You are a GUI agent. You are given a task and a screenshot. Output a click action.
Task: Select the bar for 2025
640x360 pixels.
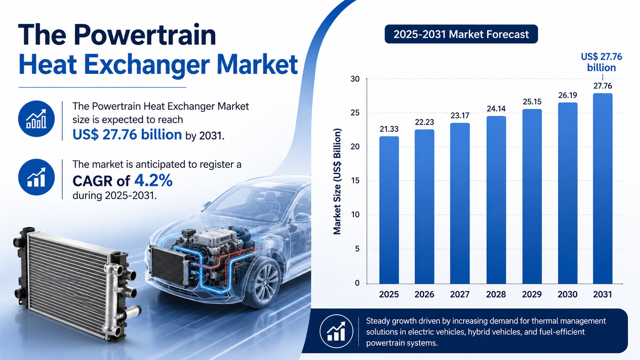click(x=389, y=210)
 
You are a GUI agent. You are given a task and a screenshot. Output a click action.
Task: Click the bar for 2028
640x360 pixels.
click(x=496, y=200)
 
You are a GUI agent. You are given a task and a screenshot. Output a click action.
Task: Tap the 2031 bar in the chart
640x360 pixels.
click(x=602, y=188)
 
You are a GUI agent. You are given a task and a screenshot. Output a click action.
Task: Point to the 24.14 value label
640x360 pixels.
click(x=496, y=108)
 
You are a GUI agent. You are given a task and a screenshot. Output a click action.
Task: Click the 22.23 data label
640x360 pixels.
click(x=424, y=122)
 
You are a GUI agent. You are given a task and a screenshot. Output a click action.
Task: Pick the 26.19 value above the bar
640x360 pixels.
click(x=568, y=95)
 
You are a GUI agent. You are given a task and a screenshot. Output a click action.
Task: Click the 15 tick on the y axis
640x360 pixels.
click(x=355, y=181)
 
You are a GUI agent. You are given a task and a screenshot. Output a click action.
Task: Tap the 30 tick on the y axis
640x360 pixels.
click(x=355, y=79)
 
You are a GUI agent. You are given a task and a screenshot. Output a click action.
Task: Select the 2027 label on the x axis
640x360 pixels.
click(x=460, y=294)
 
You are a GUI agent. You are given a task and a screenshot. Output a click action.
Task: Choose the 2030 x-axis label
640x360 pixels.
click(x=568, y=294)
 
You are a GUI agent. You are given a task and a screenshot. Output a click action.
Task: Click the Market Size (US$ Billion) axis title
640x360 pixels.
click(x=338, y=182)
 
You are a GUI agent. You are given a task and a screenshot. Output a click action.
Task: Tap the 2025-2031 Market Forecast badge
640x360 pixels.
click(x=461, y=34)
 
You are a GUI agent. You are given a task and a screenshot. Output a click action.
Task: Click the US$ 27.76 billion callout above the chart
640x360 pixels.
click(x=602, y=62)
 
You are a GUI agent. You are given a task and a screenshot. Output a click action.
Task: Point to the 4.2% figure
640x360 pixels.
click(x=154, y=180)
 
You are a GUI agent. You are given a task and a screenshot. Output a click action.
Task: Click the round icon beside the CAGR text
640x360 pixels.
click(x=36, y=177)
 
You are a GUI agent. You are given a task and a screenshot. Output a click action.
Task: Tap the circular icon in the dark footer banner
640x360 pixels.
click(x=336, y=332)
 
